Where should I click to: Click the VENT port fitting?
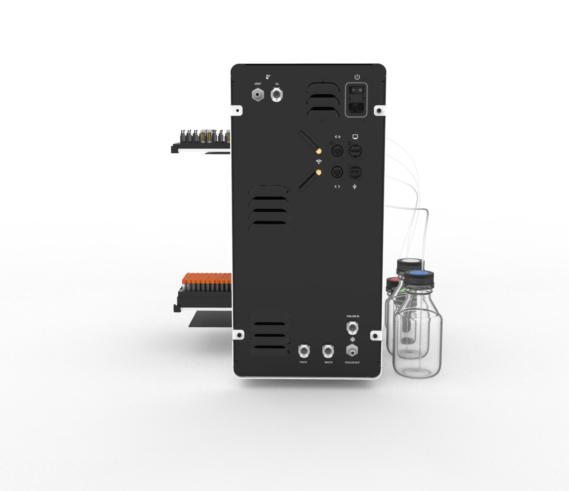[258, 95]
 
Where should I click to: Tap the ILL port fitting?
[276, 95]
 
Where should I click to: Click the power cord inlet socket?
[356, 107]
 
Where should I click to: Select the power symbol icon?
[357, 77]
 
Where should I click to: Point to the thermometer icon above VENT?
[268, 77]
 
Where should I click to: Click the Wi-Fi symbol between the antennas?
[319, 162]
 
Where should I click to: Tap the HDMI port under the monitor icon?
[355, 151]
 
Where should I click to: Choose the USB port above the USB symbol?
[355, 172]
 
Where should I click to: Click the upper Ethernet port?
[337, 151]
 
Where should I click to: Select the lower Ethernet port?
[337, 172]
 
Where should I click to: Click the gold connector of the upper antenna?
[318, 152]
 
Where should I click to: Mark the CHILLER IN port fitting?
[352, 328]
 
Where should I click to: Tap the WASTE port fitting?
[328, 351]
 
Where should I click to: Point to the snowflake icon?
[353, 339]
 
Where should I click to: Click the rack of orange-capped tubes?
[207, 283]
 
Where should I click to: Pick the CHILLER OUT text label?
[353, 363]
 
